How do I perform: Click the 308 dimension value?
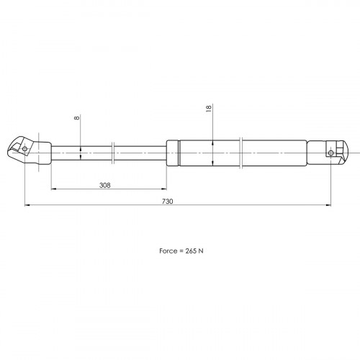(105, 185)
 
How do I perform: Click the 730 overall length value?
(167, 202)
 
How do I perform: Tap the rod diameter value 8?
(77, 117)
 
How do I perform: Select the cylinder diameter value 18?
(209, 108)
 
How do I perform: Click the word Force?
(168, 251)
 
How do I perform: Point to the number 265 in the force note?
(191, 251)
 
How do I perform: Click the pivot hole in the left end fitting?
(24, 149)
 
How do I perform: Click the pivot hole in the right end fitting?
(330, 153)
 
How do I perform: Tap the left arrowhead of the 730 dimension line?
(27, 205)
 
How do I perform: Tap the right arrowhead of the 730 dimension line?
(328, 205)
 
